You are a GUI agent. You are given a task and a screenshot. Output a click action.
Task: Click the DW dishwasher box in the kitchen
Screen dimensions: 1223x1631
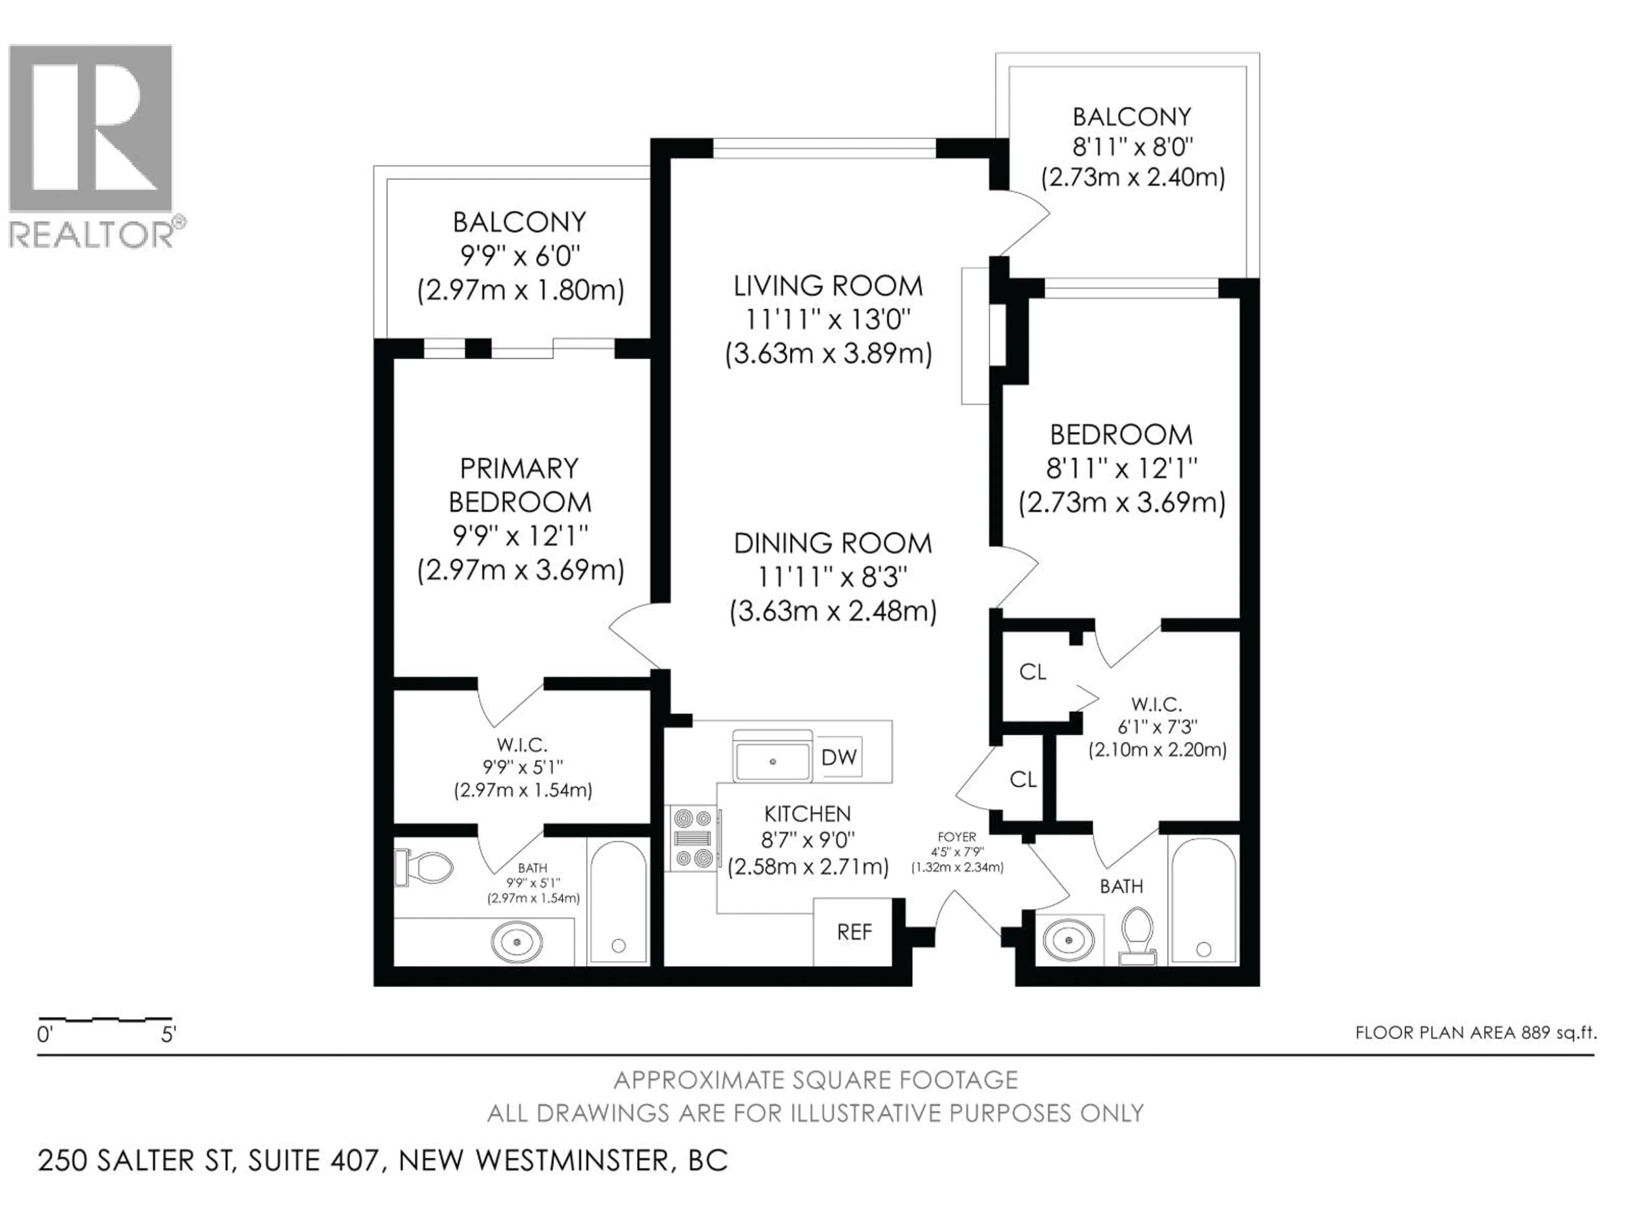839,757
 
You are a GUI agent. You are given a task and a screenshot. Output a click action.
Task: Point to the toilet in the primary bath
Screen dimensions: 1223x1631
426,868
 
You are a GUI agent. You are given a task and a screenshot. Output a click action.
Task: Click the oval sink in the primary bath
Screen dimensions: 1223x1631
517,941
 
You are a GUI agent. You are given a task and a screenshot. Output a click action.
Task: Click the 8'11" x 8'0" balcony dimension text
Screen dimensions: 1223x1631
1132,147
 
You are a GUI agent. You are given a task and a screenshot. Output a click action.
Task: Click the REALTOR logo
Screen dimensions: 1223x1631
92,145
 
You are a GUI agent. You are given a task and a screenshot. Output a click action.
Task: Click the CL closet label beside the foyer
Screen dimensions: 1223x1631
1023,779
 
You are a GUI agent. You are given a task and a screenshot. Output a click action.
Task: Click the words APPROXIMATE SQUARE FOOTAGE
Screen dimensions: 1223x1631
815,1080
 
